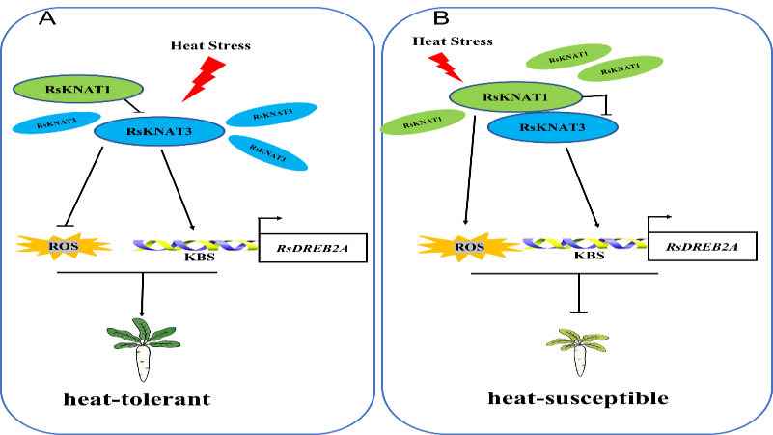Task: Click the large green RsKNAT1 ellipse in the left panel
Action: pos(78,89)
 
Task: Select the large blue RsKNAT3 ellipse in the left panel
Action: pos(159,131)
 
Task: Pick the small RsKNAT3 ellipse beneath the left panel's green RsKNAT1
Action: pos(56,122)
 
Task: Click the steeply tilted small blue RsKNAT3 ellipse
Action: pos(267,151)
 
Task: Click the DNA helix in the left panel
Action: pos(188,246)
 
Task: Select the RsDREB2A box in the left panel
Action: pos(313,248)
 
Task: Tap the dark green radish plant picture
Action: pos(143,350)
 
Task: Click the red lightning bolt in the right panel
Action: pos(446,67)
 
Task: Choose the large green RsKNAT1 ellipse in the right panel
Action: pos(515,96)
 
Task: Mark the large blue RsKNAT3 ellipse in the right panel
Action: pos(553,127)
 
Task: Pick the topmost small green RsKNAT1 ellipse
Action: pos(569,57)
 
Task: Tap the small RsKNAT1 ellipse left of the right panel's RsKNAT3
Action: pos(423,122)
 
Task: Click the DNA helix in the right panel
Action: pos(578,245)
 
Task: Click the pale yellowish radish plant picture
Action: pos(576,353)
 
